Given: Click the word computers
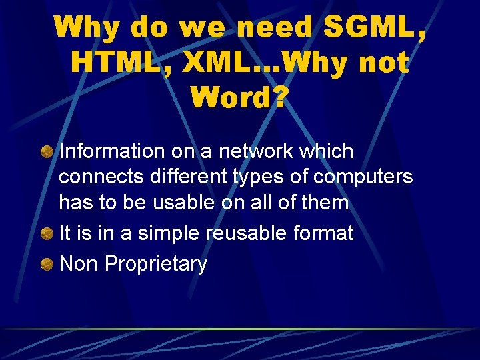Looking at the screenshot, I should pyautogui.click(x=363, y=177).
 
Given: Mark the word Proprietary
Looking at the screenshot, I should pyautogui.click(x=156, y=265).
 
